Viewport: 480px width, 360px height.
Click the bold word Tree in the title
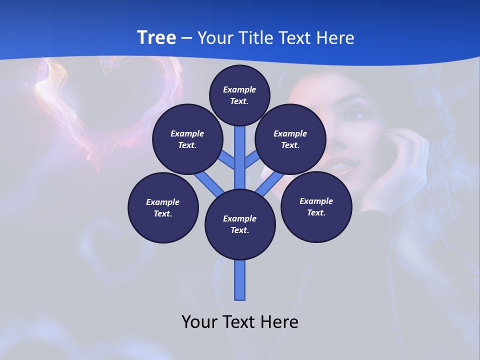point(156,37)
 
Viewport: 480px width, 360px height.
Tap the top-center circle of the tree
point(239,95)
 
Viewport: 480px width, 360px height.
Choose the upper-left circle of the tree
point(187,139)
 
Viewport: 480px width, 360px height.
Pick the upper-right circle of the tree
point(290,139)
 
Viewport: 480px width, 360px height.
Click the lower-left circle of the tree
point(163,207)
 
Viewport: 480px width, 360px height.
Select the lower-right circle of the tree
point(316,206)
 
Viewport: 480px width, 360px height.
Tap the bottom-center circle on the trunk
point(240,224)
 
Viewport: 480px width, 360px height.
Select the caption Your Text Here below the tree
point(240,321)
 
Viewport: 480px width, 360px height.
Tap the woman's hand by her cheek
point(400,165)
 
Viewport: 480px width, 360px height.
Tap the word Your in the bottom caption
point(199,321)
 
